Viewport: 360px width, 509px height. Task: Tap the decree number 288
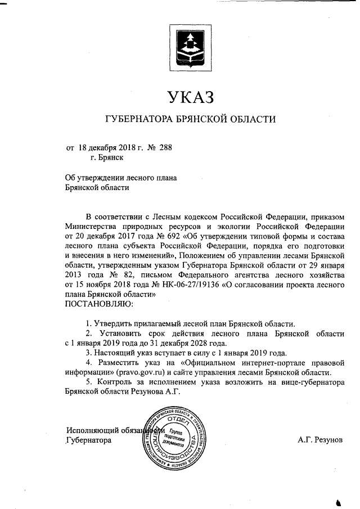pos(166,148)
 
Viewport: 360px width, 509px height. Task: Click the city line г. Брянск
pos(103,159)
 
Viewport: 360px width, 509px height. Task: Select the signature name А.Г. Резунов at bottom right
pos(320,440)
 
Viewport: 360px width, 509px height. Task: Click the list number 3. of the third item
pos(89,353)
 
